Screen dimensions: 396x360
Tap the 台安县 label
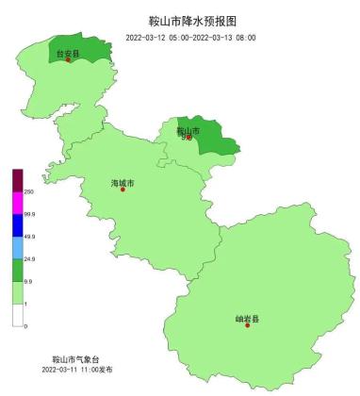[x=68, y=53]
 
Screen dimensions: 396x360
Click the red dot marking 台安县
[x=69, y=60]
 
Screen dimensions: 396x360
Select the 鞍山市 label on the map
[x=188, y=131]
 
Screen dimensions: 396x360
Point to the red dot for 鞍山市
[x=189, y=138]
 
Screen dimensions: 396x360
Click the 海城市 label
[x=123, y=182]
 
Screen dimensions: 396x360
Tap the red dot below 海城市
[x=123, y=190]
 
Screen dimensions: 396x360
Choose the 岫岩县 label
[x=247, y=319]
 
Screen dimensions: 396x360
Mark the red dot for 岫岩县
[x=247, y=326]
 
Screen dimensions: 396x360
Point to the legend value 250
[x=29, y=191]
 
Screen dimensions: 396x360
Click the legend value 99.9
[x=29, y=214]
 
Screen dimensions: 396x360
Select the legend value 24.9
[x=29, y=258]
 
